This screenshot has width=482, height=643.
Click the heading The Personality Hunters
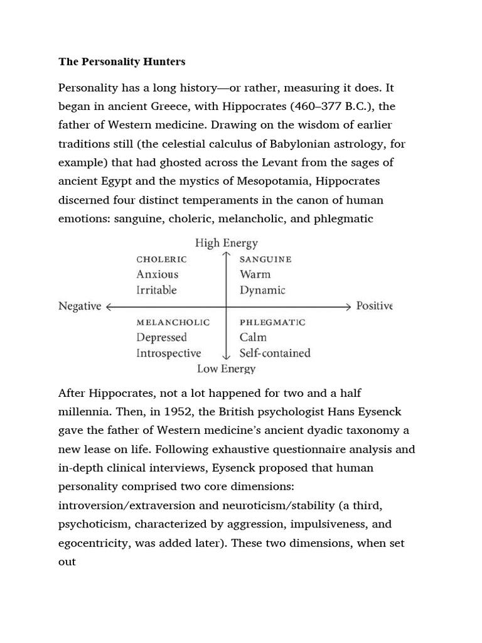click(x=122, y=62)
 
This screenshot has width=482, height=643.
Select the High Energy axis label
click(x=226, y=243)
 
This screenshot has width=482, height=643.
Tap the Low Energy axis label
click(x=226, y=369)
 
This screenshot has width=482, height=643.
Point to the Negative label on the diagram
click(x=80, y=306)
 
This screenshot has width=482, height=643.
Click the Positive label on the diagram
click(x=374, y=306)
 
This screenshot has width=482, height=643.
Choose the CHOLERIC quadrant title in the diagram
click(x=161, y=259)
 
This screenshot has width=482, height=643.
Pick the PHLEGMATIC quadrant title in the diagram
click(x=272, y=322)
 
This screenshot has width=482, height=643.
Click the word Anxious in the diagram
click(x=157, y=274)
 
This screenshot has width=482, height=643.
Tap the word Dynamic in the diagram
click(x=262, y=290)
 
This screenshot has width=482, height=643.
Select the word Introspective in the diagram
click(x=168, y=353)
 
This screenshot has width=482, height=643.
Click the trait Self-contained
click(x=275, y=353)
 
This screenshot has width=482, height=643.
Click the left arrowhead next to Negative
click(x=110, y=306)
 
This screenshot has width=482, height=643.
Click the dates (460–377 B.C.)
click(x=318, y=105)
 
